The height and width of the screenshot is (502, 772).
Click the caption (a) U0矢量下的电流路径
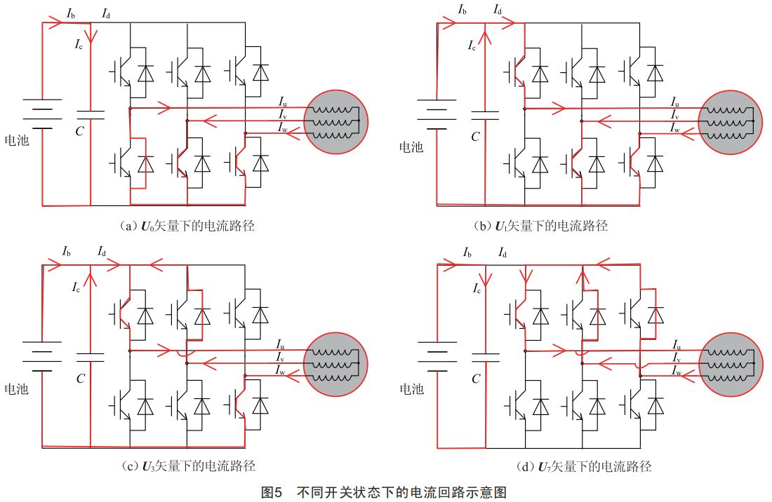click(187, 226)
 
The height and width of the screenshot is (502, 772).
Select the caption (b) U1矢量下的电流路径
click(541, 226)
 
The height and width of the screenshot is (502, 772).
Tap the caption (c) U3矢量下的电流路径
click(187, 466)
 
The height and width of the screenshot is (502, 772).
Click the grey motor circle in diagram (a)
click(336, 121)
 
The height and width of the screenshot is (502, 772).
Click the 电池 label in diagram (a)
click(17, 140)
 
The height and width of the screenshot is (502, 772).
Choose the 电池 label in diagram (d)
click(411, 388)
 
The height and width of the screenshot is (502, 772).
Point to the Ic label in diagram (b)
click(473, 46)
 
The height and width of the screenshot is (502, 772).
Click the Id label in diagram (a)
click(105, 14)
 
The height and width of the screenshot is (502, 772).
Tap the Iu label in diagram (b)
click(674, 102)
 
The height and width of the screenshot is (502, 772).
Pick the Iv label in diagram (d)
click(677, 358)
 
